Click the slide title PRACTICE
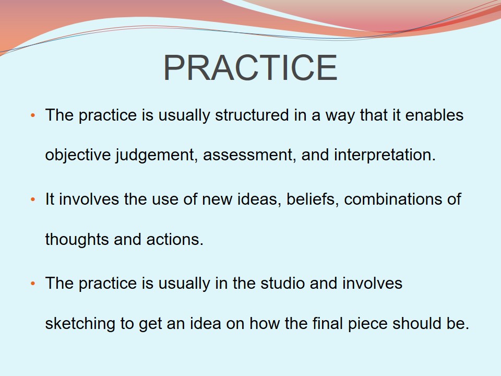[x=250, y=68]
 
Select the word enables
[x=434, y=115]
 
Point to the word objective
[x=78, y=156]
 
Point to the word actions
[x=175, y=240]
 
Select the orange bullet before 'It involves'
[x=32, y=199]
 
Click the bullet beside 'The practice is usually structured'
[x=32, y=115]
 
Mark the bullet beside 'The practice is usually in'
[x=32, y=284]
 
